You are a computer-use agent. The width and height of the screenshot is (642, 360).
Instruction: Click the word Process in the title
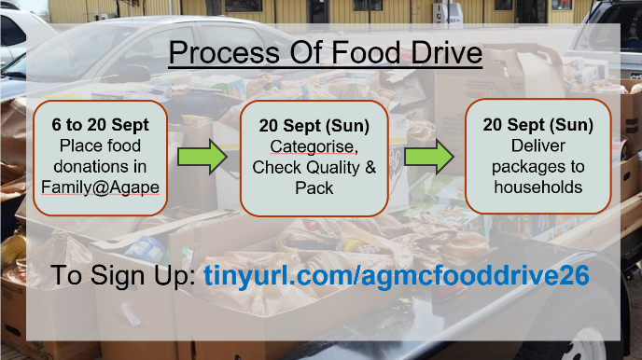224,53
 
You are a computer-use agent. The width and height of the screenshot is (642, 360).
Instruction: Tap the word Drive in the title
447,53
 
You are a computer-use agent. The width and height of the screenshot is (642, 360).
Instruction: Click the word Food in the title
366,53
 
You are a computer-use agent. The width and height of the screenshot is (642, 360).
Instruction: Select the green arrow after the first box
202,157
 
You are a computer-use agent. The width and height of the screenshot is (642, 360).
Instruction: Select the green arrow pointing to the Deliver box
429,157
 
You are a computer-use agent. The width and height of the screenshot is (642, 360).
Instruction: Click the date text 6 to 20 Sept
101,125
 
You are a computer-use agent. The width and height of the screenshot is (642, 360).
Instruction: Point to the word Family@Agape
101,187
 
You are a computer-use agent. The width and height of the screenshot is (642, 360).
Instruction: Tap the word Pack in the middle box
314,188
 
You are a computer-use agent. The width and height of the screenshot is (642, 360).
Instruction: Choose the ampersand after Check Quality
370,167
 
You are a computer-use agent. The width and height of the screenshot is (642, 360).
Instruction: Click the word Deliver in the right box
538,145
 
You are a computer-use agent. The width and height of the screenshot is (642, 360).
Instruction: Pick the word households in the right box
538,187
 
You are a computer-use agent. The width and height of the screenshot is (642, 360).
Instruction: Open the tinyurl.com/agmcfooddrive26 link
397,275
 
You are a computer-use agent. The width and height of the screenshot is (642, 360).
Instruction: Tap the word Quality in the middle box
333,168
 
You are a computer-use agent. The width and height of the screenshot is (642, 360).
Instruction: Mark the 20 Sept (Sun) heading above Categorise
314,126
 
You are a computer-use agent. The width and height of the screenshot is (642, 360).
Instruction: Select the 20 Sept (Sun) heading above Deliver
538,125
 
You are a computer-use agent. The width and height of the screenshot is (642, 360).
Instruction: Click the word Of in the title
305,53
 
